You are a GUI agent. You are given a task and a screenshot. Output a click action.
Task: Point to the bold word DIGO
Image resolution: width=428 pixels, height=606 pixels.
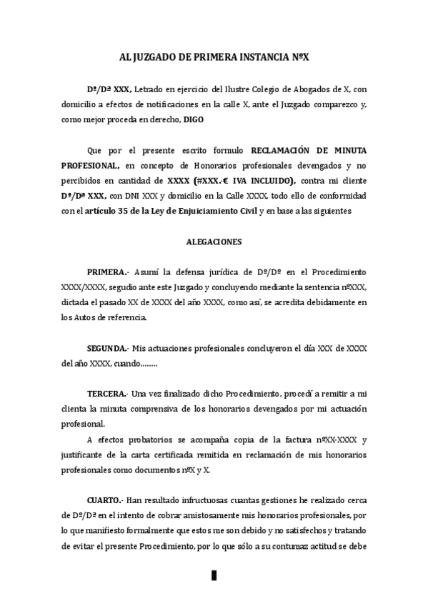click(193, 120)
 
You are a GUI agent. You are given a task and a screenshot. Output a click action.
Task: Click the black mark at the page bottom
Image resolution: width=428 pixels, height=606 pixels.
click(214, 576)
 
